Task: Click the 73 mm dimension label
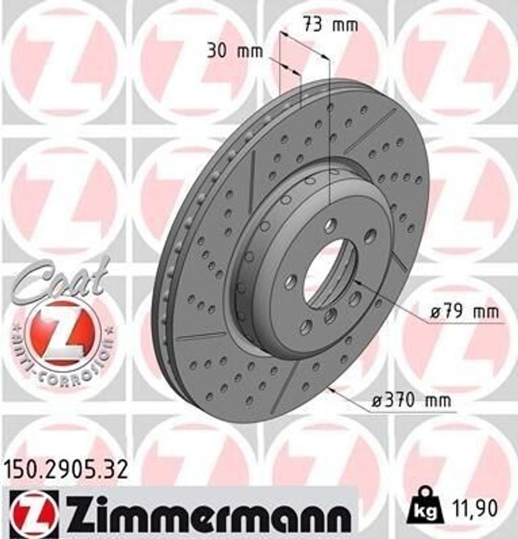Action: (x=330, y=25)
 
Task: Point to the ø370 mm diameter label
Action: (x=411, y=401)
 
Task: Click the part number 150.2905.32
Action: (x=66, y=469)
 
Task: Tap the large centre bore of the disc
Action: (x=330, y=274)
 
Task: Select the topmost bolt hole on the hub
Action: (x=330, y=226)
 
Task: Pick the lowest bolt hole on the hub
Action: (x=306, y=327)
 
